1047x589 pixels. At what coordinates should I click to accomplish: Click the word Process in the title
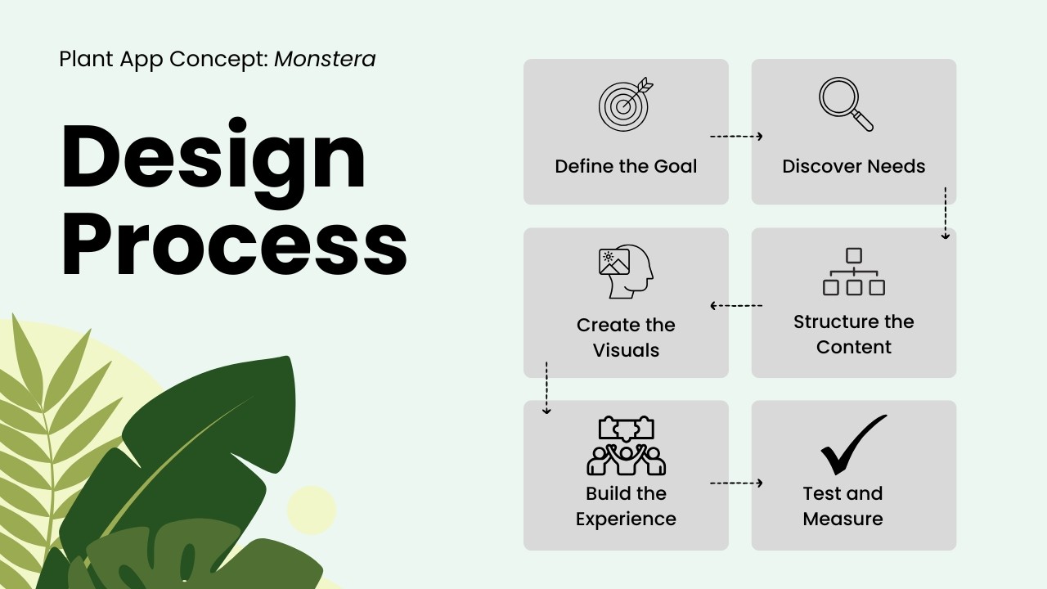point(233,243)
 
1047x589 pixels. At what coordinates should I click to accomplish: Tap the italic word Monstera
point(325,59)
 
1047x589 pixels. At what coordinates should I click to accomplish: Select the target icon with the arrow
point(626,105)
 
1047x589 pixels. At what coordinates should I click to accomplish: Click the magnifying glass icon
point(846,104)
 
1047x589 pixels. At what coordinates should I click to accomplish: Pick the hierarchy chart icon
point(853,272)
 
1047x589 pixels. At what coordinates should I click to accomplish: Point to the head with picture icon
point(626,272)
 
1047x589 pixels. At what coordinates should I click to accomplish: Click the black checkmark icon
point(852,444)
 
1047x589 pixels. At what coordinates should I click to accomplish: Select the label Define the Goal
point(626,166)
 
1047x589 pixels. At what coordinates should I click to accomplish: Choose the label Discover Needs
point(853,166)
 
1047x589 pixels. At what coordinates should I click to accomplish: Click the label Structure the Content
point(853,334)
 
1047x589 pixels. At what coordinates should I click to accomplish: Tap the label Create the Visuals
point(626,337)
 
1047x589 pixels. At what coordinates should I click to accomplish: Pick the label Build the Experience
point(626,506)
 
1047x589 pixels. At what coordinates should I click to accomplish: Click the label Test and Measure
point(843,506)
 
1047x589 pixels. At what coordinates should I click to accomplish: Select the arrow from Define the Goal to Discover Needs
point(736,137)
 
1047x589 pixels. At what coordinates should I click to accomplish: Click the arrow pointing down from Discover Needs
point(945,213)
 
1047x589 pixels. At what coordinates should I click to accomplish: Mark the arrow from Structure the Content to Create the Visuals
point(736,306)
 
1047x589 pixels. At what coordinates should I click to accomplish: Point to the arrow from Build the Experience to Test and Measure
point(736,483)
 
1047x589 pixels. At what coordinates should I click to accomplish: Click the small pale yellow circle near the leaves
point(311,510)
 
